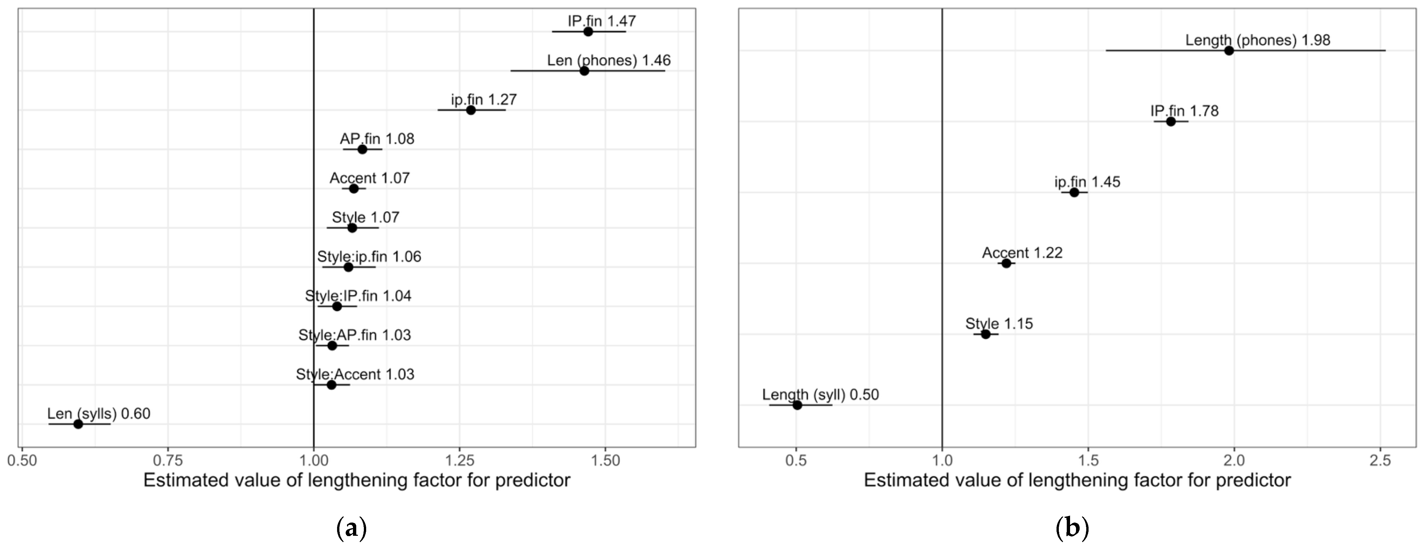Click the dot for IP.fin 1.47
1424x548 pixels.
point(588,31)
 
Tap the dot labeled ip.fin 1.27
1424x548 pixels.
point(471,110)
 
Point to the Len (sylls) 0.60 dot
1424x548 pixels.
point(78,424)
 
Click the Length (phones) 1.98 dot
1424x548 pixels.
point(1229,50)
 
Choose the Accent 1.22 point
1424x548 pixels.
point(1006,263)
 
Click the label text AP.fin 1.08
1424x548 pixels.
point(377,139)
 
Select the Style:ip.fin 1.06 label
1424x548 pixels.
point(369,257)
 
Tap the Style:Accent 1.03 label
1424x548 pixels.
point(355,375)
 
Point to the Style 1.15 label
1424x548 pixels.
point(999,324)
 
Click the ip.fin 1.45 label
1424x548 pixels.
point(1087,182)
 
